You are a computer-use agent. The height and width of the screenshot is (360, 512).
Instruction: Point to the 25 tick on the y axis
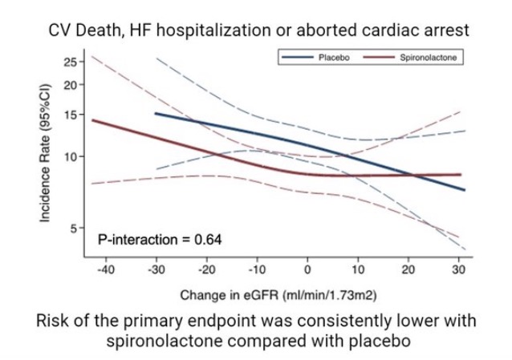[70, 62]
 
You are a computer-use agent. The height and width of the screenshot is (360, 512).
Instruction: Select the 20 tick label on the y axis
[70, 85]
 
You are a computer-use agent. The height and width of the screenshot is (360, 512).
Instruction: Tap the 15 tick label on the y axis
[70, 115]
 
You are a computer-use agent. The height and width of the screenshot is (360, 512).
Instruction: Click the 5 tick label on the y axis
[73, 229]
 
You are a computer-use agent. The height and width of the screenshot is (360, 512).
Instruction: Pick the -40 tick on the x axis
[104, 269]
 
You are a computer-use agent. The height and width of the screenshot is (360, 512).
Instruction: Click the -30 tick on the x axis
[155, 269]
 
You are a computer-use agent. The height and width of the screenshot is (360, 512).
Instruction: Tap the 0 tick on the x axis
[307, 269]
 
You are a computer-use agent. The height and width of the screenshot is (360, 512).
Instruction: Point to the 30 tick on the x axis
[458, 269]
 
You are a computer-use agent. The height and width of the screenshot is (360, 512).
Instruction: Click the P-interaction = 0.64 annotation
[160, 238]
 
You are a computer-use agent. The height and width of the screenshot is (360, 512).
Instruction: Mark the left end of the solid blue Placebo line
[156, 113]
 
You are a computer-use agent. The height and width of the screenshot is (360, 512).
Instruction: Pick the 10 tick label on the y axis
[70, 156]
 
